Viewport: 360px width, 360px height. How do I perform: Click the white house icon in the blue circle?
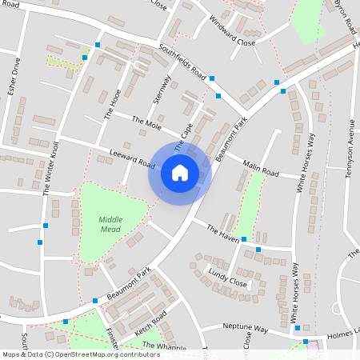coord(179,172)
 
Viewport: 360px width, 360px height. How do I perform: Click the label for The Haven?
coord(222,234)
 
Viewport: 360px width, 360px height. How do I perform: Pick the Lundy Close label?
coord(227,277)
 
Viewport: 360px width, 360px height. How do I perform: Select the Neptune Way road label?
coord(245,328)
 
